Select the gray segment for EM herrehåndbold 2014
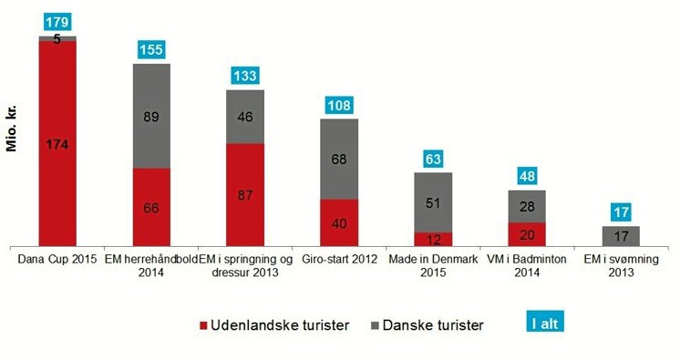coord(151,116)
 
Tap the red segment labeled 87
coord(245,193)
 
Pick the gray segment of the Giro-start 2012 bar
coord(339,159)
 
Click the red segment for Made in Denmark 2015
coord(433,239)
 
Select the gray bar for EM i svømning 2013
coord(621,236)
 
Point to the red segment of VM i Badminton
coord(527,233)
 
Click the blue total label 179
coord(57,21)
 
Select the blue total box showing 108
coord(339,106)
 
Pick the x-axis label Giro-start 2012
coord(339,259)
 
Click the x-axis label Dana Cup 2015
coord(57,259)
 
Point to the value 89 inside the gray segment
coord(151,116)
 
